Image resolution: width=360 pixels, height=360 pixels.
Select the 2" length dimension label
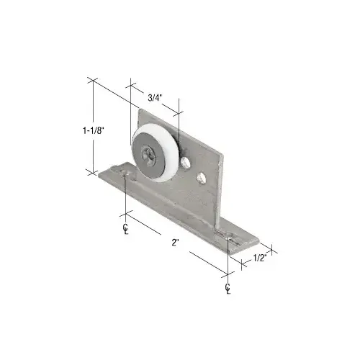[x=176, y=243]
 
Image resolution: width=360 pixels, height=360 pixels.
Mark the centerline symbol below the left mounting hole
[x=125, y=230]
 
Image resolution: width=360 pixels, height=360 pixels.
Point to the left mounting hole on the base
[x=127, y=174]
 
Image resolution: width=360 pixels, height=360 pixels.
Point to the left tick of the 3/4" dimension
[x=130, y=85]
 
